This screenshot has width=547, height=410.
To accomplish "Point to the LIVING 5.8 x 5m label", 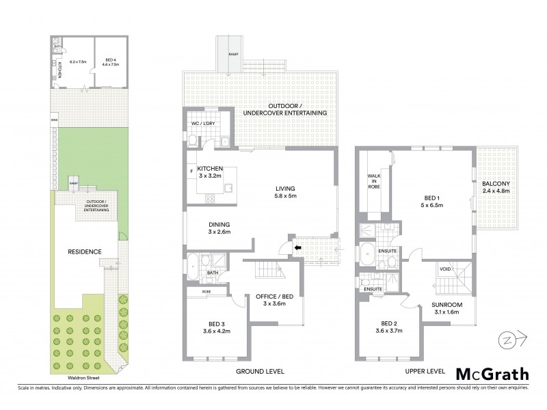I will [x=289, y=193].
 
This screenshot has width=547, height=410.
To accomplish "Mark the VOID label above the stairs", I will [x=445, y=269].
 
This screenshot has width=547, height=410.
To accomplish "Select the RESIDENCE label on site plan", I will [x=84, y=251].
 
